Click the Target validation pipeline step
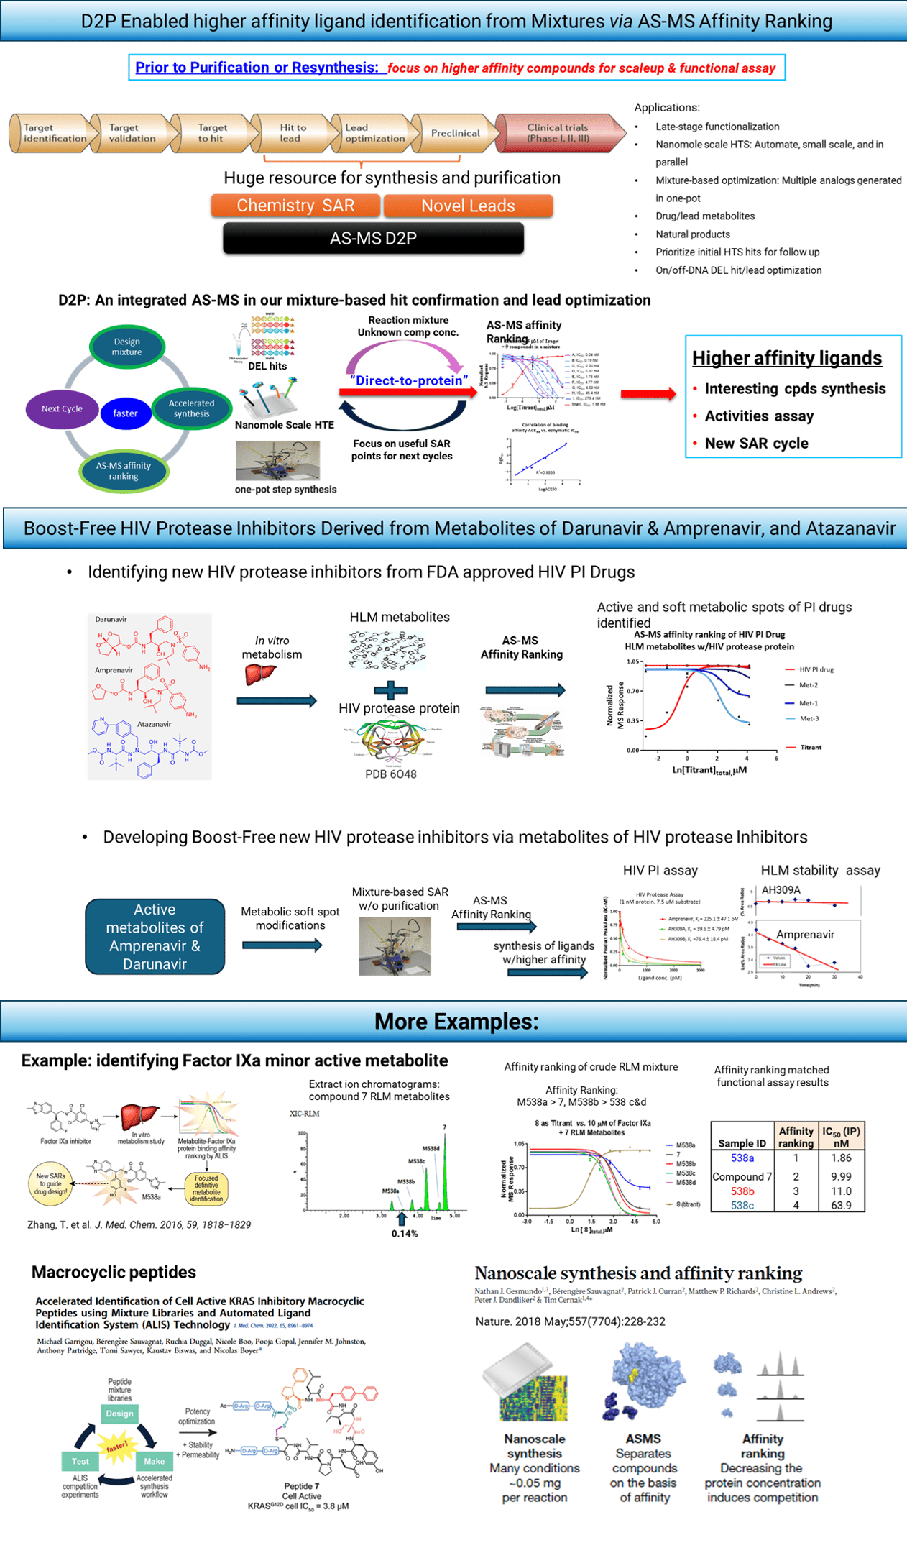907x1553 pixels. (x=132, y=133)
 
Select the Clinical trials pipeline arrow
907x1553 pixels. (x=558, y=133)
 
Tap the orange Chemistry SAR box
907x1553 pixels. (x=295, y=206)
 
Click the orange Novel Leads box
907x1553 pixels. (x=468, y=206)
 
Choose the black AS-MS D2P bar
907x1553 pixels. (x=373, y=238)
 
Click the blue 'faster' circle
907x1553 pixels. (x=125, y=413)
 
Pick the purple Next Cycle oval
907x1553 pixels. (x=62, y=408)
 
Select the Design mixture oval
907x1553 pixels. (x=126, y=347)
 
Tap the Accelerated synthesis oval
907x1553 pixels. (x=191, y=408)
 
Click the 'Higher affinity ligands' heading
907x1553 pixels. (x=787, y=358)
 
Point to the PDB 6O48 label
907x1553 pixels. (x=390, y=774)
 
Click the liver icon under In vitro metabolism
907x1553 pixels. (x=260, y=674)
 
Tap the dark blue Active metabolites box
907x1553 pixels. (x=155, y=936)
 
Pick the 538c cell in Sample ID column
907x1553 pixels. (x=742, y=1205)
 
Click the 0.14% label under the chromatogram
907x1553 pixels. (x=405, y=1233)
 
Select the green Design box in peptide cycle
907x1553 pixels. (x=119, y=1414)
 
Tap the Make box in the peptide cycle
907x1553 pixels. (x=154, y=1461)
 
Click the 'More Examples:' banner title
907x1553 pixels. (x=456, y=1021)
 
